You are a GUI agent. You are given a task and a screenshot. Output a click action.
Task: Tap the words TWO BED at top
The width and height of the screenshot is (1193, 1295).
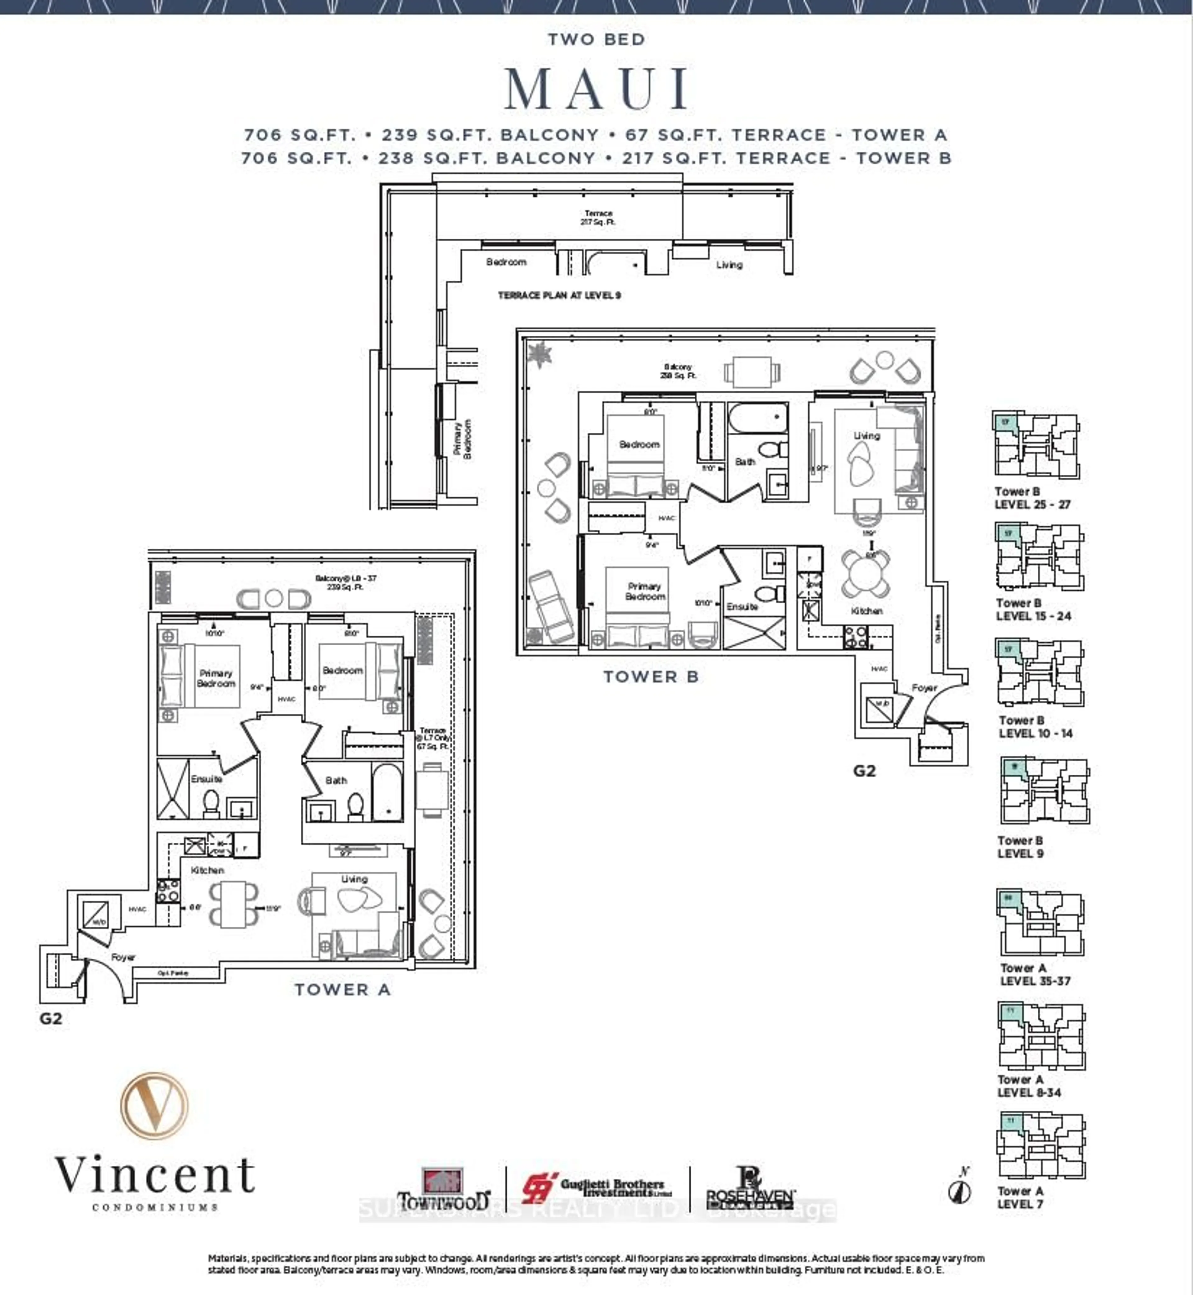pyautogui.click(x=596, y=39)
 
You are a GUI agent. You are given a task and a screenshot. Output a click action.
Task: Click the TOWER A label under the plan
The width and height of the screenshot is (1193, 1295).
pyautogui.click(x=343, y=989)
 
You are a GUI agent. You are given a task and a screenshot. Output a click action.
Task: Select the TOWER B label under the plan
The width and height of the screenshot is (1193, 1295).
pyautogui.click(x=651, y=677)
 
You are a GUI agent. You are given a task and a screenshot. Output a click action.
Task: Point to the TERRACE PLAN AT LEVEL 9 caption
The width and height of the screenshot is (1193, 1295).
pyautogui.click(x=559, y=295)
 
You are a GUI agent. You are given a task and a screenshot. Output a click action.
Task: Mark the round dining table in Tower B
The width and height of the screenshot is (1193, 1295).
pyautogui.click(x=865, y=573)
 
